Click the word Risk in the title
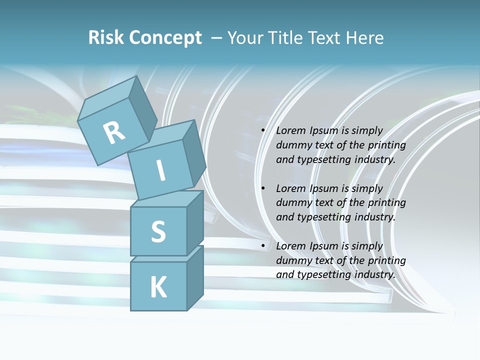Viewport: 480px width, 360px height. point(106,38)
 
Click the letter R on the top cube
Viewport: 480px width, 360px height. point(114,132)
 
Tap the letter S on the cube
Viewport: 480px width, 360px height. point(158,231)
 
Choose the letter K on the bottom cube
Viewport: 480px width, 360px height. point(158,287)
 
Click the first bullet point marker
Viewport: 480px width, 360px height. point(263,131)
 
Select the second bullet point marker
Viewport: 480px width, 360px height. point(263,188)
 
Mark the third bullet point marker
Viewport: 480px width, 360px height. point(263,246)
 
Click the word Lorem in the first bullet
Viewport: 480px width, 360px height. point(290,130)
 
